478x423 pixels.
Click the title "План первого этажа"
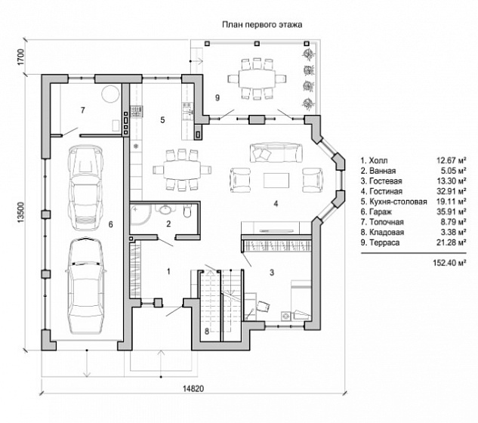(x=262, y=25)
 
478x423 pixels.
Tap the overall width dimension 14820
(x=193, y=388)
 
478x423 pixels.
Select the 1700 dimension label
(x=20, y=57)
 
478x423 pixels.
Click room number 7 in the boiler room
(x=82, y=110)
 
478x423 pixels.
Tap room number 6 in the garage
(x=111, y=224)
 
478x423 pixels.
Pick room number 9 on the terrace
(x=217, y=97)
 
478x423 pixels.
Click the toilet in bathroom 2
(x=187, y=210)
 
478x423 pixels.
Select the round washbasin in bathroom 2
(x=165, y=208)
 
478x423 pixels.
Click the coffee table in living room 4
(x=276, y=181)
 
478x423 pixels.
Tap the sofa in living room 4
(x=276, y=153)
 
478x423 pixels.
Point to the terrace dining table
(x=257, y=79)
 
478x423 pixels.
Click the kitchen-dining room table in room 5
(x=182, y=169)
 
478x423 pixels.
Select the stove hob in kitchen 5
(x=136, y=111)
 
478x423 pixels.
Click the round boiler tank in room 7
(x=110, y=94)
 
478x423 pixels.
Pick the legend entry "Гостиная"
(x=386, y=191)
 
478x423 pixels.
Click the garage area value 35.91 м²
(x=451, y=211)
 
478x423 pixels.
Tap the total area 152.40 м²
(x=449, y=262)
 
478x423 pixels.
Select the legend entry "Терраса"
(x=384, y=242)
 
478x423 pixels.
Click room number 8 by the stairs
(x=207, y=331)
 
